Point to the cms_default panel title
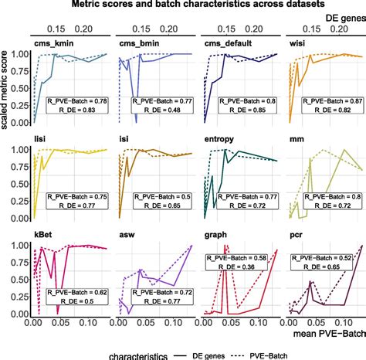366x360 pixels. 225,44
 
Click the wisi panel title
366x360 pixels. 297,44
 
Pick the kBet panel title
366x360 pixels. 43,233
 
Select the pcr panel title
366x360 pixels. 295,233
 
